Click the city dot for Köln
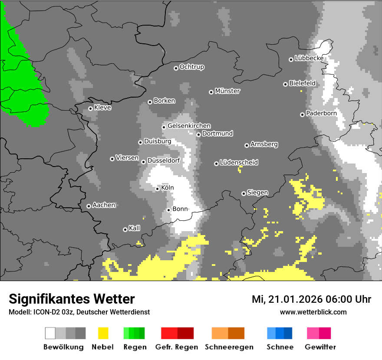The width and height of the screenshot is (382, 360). [157, 189]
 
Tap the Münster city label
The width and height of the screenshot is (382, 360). [227, 91]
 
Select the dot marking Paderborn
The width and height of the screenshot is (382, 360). [302, 115]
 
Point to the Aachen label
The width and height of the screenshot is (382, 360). [104, 205]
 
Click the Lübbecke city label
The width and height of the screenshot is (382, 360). [309, 58]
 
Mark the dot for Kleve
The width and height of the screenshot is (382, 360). [90, 108]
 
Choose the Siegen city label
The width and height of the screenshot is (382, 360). [257, 193]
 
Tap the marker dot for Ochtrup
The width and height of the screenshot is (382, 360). [176, 68]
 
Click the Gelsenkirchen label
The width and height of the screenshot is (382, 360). [189, 126]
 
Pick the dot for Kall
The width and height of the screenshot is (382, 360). [125, 229]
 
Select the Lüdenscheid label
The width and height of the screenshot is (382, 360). [239, 163]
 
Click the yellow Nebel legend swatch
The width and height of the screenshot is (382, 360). [103, 333]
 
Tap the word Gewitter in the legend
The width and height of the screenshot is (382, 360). [320, 347]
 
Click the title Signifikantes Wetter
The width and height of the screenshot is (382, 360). [72, 299]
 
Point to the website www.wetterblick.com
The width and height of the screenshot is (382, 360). [313, 312]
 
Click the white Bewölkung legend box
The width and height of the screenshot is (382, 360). [50, 333]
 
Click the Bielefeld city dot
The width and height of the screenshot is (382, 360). [285, 84]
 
